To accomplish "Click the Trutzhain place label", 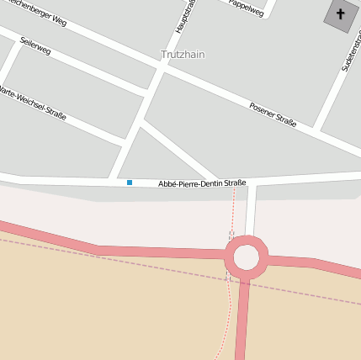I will pyautogui.click(x=183, y=55).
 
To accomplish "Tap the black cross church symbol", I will pyautogui.click(x=340, y=15).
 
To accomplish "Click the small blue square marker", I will pyautogui.click(x=130, y=183).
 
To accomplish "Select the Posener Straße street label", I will pyautogui.click(x=273, y=114).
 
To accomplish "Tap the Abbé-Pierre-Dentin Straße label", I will pyautogui.click(x=202, y=183).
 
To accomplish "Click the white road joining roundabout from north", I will pyautogui.click(x=251, y=214).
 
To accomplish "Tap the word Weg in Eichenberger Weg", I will pyautogui.click(x=57, y=22).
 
